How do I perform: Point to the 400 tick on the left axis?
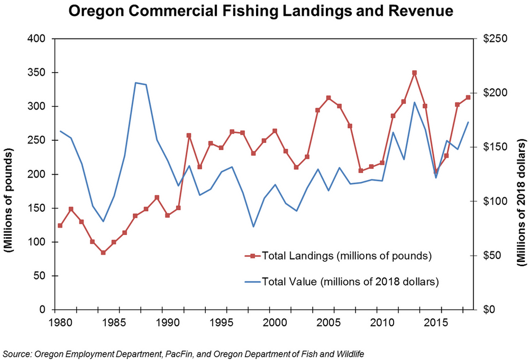(x=39, y=39)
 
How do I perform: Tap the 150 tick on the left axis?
(x=39, y=208)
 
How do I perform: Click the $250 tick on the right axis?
(x=494, y=39)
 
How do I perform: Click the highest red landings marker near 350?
(x=414, y=73)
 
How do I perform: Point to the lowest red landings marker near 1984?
(x=103, y=253)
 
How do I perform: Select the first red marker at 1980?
(x=60, y=226)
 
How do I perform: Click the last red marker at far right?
(x=468, y=97)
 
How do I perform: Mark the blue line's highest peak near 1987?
(x=136, y=83)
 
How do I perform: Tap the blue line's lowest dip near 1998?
(x=253, y=227)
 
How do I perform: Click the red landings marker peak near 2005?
(x=329, y=98)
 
